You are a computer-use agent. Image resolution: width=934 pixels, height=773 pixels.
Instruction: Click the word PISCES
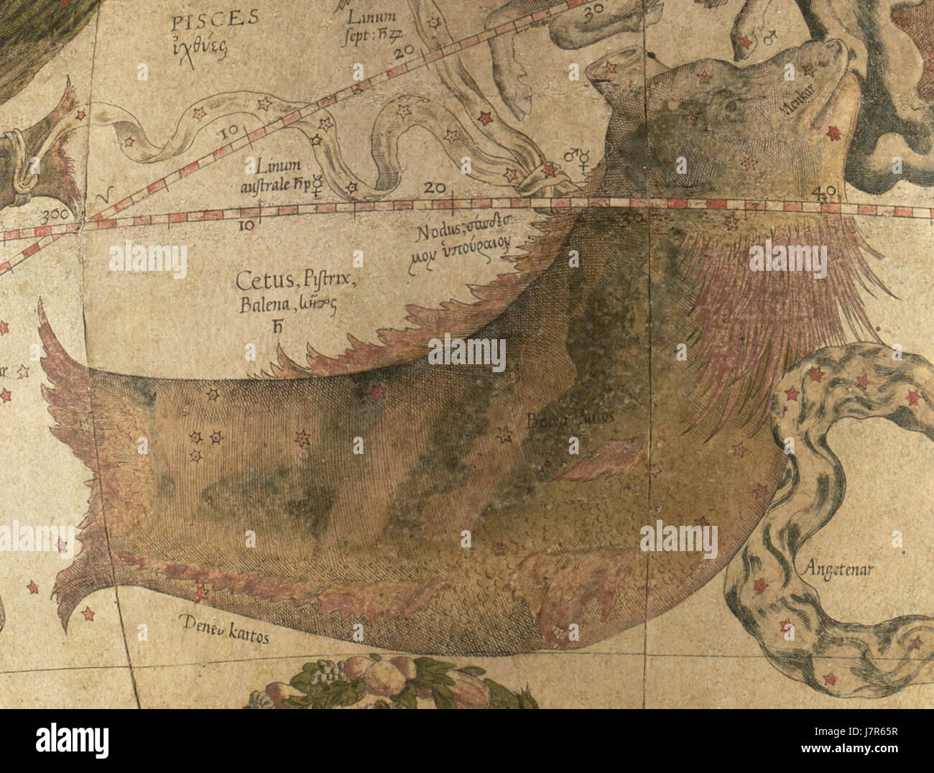(215, 19)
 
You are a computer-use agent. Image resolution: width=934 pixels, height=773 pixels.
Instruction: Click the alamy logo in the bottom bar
(72, 741)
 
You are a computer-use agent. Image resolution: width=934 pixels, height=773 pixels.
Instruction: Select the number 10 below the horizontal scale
(246, 225)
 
